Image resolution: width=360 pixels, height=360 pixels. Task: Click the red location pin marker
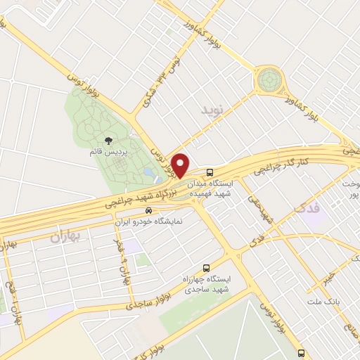(x=181, y=165)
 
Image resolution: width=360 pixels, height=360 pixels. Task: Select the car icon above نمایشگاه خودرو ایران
(x=148, y=210)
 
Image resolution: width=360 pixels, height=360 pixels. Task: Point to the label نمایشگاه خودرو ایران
(x=148, y=221)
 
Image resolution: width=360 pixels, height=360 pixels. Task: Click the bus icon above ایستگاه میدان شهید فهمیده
(x=210, y=172)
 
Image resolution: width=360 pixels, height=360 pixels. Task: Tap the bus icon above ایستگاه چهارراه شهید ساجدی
(x=206, y=267)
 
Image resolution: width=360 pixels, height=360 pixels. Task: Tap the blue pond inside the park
(x=148, y=171)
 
